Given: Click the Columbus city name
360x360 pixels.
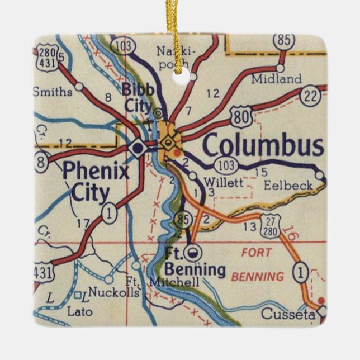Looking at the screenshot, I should click(x=263, y=146).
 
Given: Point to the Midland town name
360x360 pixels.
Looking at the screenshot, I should click(x=276, y=79).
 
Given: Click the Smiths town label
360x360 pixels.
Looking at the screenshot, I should click(x=53, y=91).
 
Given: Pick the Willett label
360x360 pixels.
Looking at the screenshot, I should click(x=224, y=182).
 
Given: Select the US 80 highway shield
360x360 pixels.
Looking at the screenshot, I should click(x=241, y=118).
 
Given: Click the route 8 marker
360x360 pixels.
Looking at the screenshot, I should click(x=40, y=162).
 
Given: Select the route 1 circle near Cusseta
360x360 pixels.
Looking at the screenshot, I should click(x=301, y=273).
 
